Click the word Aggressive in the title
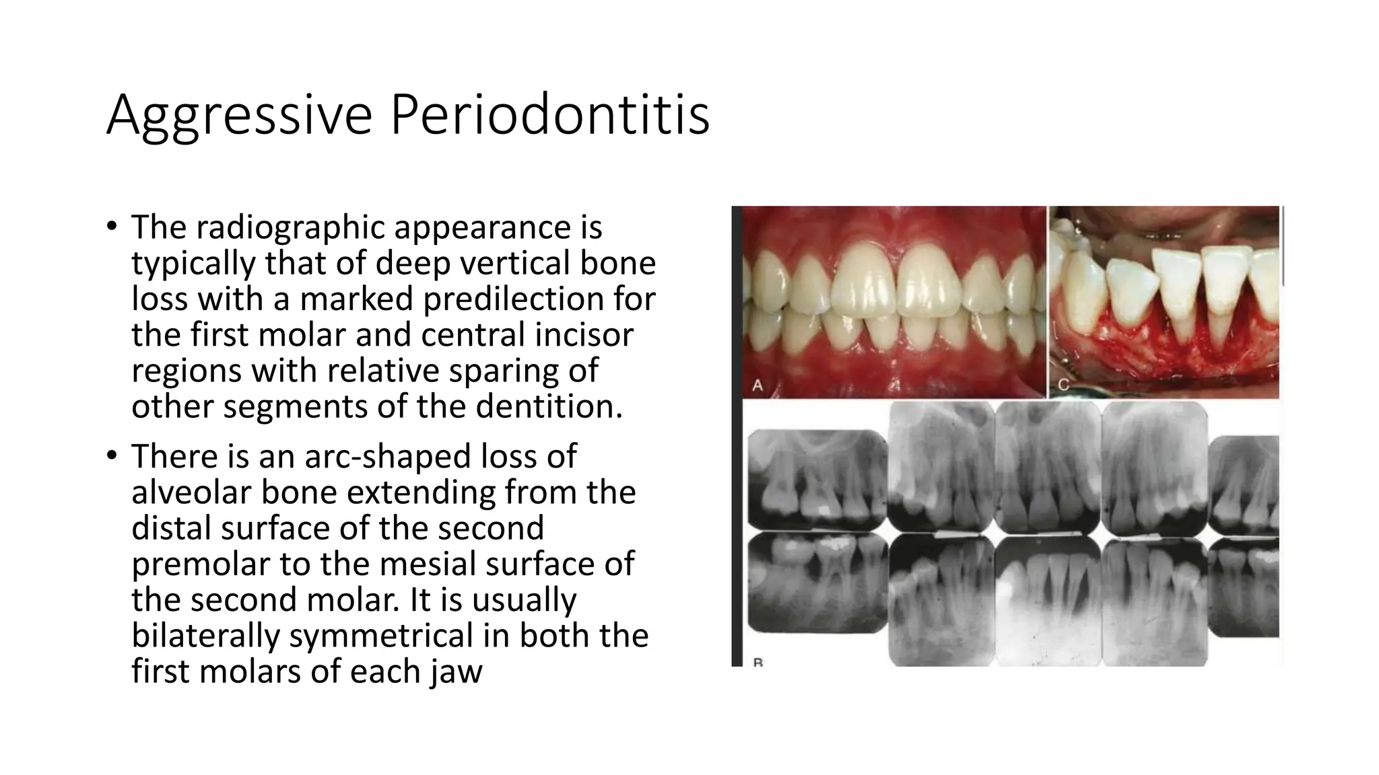pyautogui.click(x=239, y=115)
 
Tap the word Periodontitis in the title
pyautogui.click(x=549, y=115)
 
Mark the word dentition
pyautogui.click(x=549, y=406)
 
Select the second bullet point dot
pyautogui.click(x=112, y=455)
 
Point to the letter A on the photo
pyautogui.click(x=758, y=385)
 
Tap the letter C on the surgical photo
pyautogui.click(x=1064, y=385)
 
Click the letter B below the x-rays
pyautogui.click(x=758, y=663)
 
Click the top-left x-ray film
pyautogui.click(x=817, y=480)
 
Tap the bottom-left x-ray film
pyautogui.click(x=817, y=582)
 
